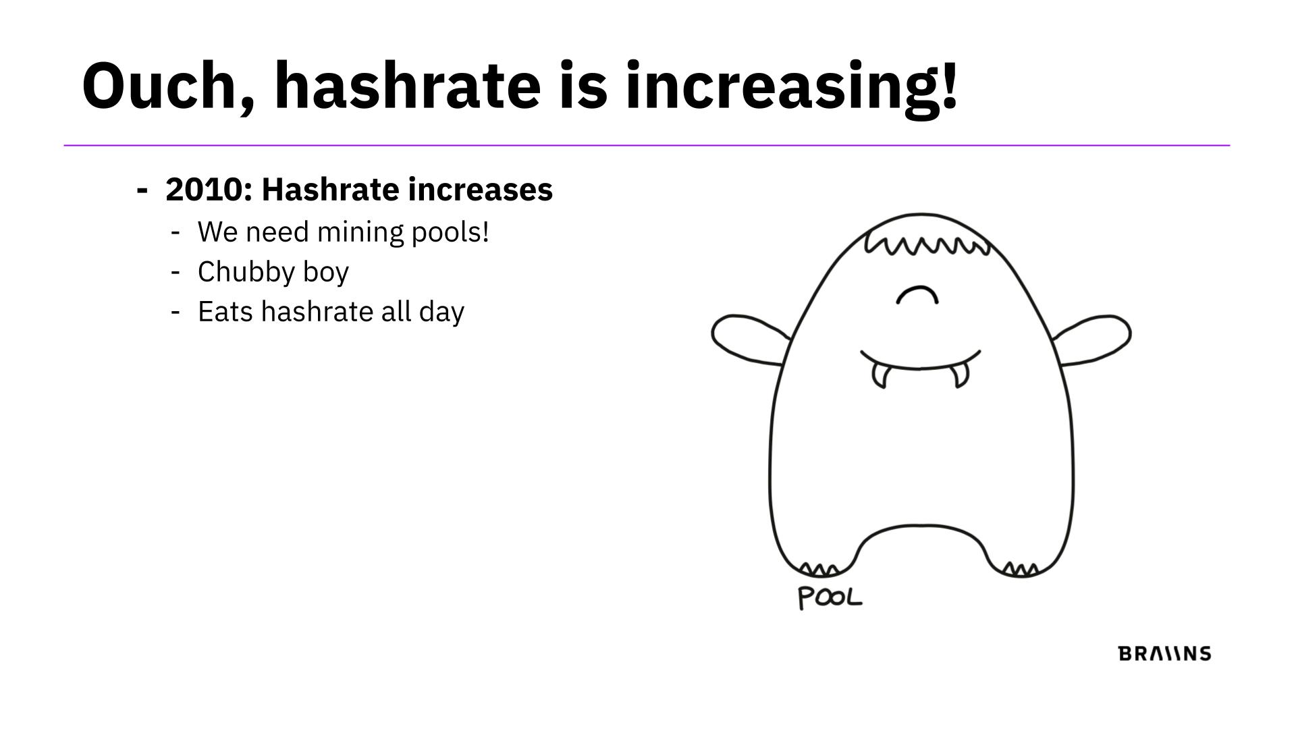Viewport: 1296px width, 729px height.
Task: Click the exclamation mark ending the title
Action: pos(948,85)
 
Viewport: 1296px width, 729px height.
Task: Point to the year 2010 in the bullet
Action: pos(204,190)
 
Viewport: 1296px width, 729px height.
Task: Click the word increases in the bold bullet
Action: pos(481,190)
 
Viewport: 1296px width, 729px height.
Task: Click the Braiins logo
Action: pos(1165,653)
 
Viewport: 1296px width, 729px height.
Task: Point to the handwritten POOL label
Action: pos(830,598)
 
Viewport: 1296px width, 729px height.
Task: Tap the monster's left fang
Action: pos(879,376)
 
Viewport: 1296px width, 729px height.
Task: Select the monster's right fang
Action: pos(960,376)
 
